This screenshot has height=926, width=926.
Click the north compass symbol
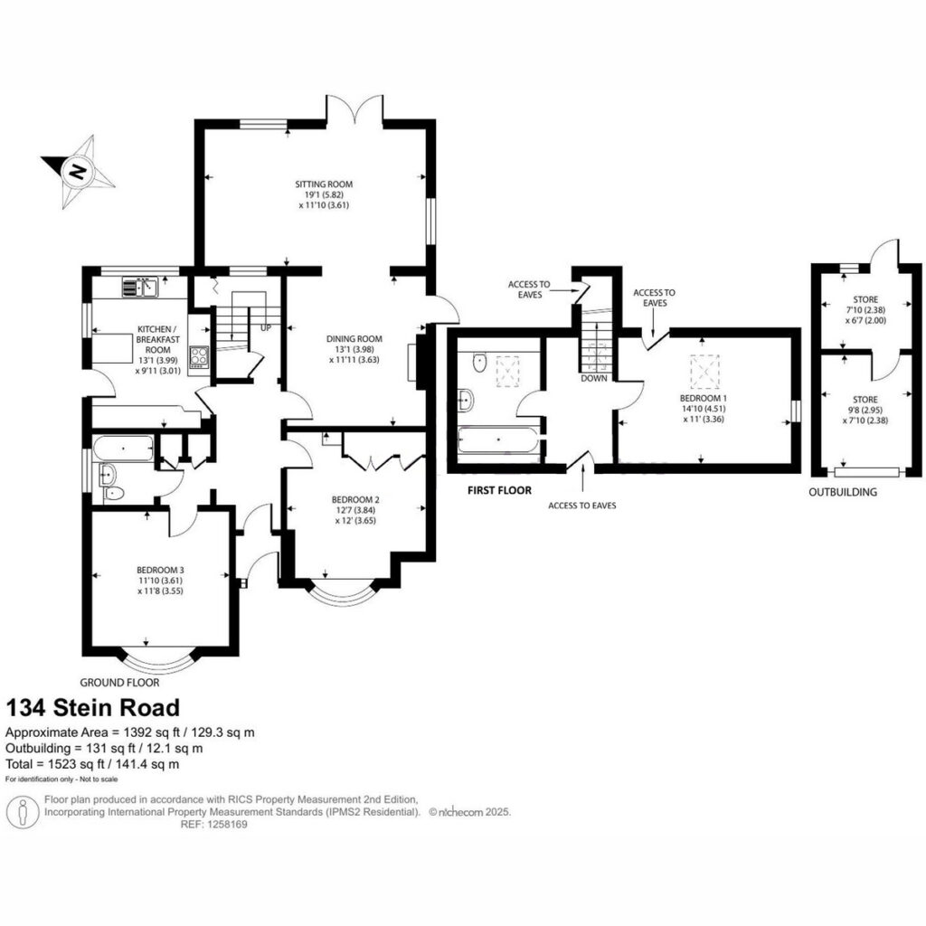[78, 172]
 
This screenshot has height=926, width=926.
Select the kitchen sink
[140, 287]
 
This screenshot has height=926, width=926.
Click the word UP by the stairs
[266, 327]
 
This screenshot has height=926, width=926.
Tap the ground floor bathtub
[123, 449]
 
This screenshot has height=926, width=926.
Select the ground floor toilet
[113, 493]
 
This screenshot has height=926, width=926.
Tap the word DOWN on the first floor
[593, 378]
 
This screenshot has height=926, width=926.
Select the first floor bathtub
[498, 439]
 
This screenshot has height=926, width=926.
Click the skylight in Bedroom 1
[704, 370]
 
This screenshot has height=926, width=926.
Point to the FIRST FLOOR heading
[499, 490]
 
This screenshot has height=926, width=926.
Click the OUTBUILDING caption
[843, 492]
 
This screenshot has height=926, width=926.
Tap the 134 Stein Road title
[93, 707]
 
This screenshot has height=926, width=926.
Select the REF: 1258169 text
[213, 825]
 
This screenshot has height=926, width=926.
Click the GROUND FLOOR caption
[119, 683]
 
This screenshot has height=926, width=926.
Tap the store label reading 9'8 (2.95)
[865, 410]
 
